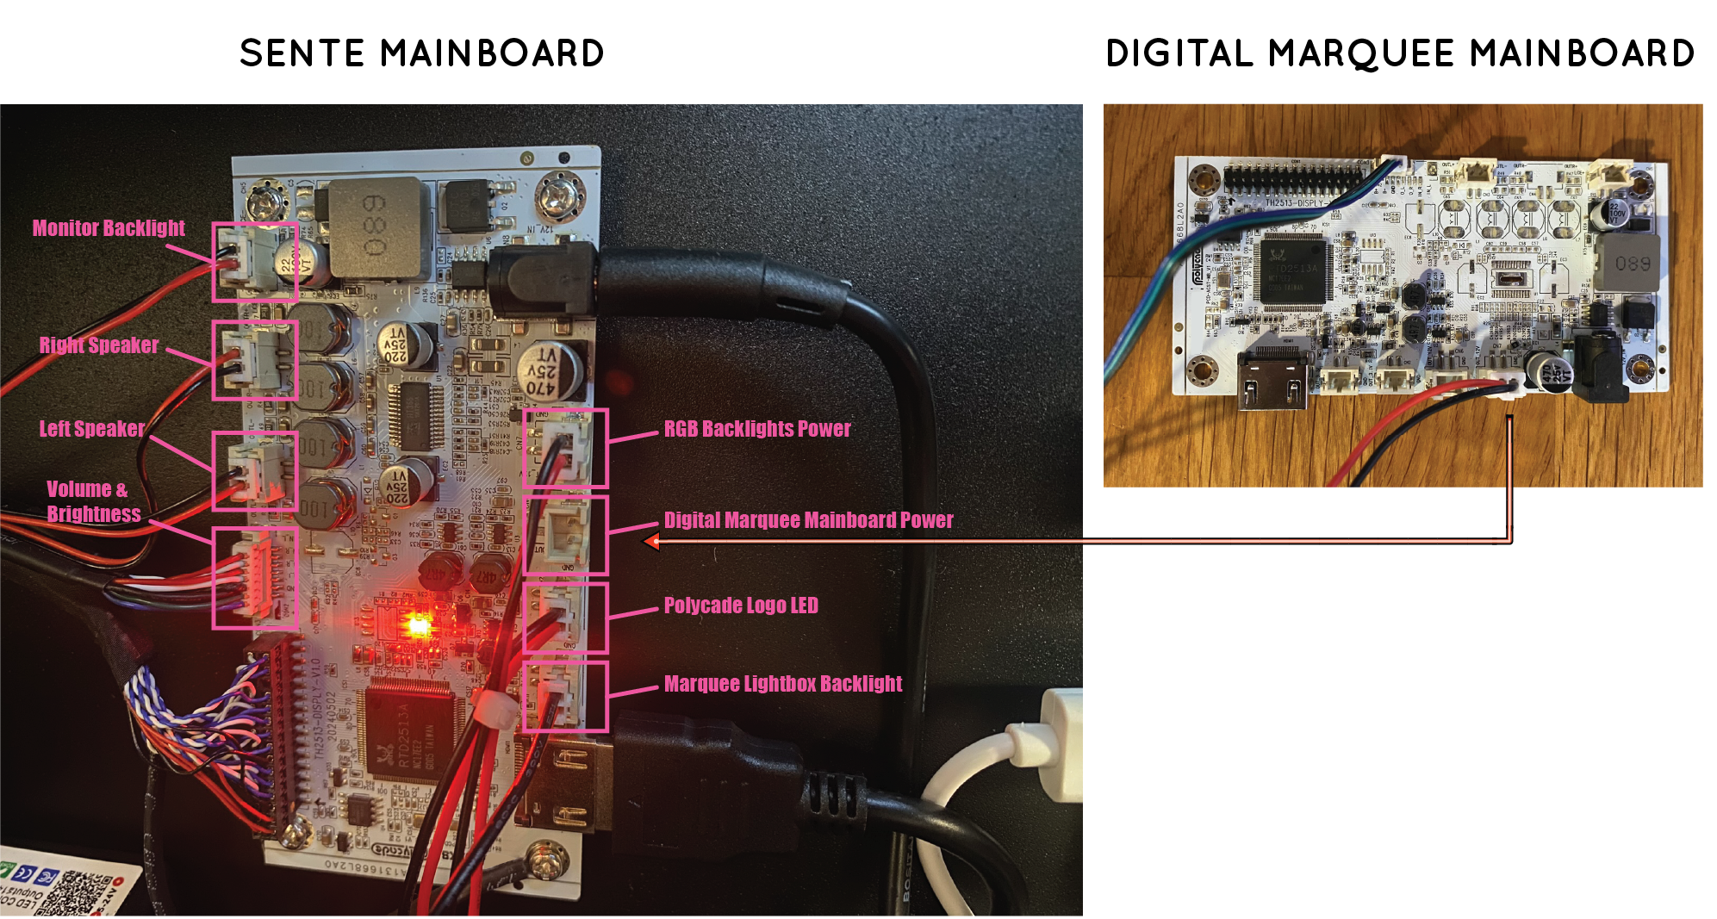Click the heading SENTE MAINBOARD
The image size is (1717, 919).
click(x=421, y=53)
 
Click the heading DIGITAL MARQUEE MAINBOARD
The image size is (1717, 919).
click(x=1400, y=53)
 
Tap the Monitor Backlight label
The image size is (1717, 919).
click(x=109, y=228)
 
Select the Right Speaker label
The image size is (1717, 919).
click(x=98, y=345)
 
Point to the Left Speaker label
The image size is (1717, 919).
click(x=91, y=429)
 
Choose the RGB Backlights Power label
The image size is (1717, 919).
click(x=756, y=429)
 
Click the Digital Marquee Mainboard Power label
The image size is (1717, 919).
click(x=808, y=520)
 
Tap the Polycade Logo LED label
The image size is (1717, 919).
click(x=740, y=605)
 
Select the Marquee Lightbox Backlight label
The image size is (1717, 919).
click(x=782, y=684)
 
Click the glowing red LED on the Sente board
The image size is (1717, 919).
click(x=419, y=624)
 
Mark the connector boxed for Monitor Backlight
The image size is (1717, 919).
click(x=254, y=262)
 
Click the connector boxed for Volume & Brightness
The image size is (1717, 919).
click(x=255, y=578)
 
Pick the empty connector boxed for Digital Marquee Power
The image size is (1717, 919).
click(x=566, y=535)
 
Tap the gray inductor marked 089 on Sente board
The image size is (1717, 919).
click(x=377, y=227)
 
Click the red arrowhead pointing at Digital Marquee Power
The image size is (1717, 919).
click(x=653, y=542)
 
